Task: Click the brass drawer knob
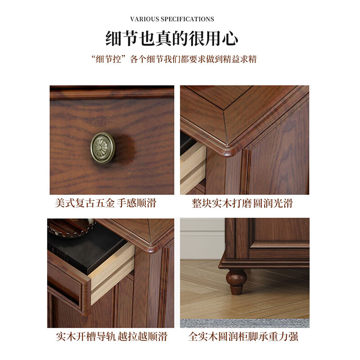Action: (103, 147)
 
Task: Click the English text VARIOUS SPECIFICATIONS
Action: (172, 19)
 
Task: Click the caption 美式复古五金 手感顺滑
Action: (105, 203)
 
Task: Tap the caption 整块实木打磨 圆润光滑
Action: (242, 203)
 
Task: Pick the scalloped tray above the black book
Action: (72, 227)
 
